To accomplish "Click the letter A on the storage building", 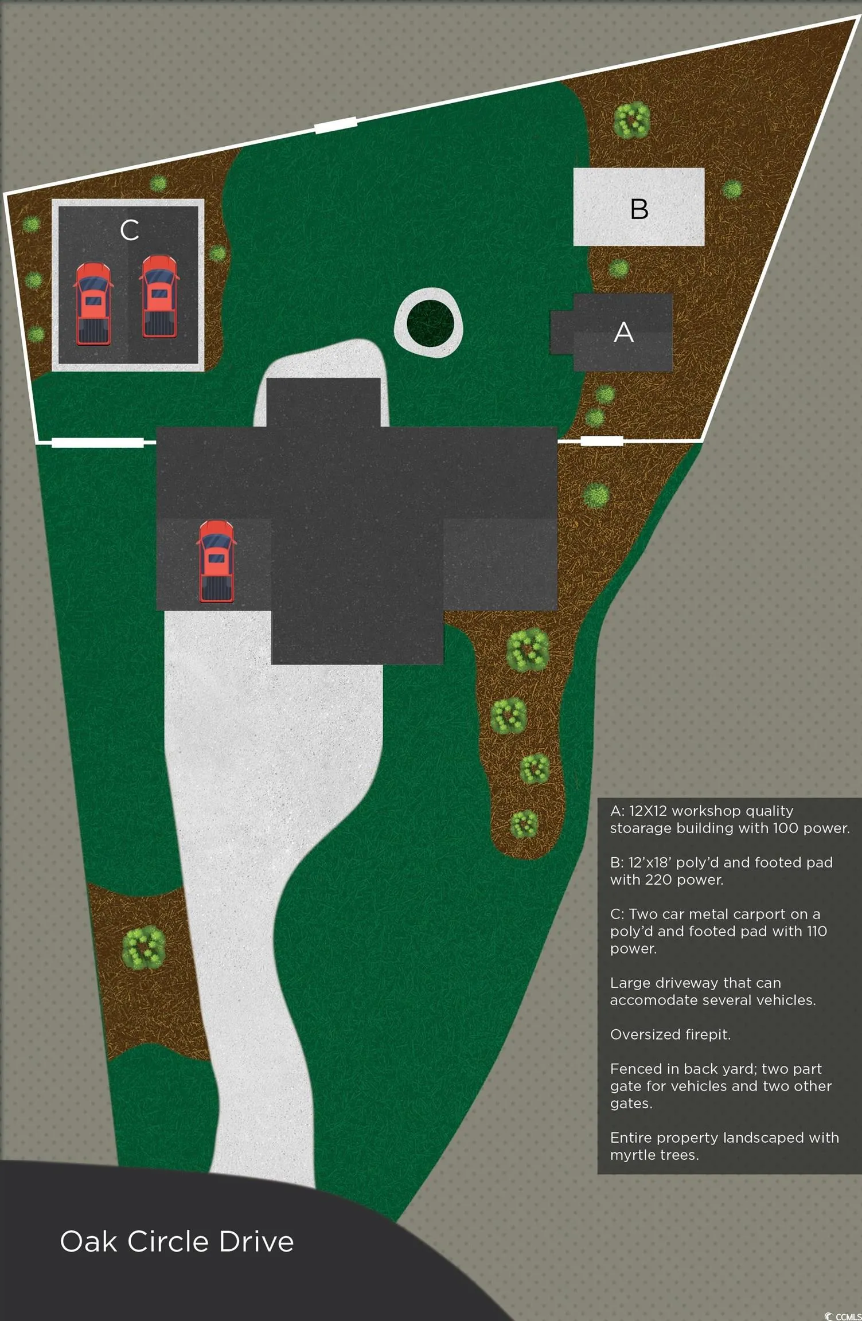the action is pyautogui.click(x=623, y=332).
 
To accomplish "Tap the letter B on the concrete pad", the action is pyautogui.click(x=639, y=209).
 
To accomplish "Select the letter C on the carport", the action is pyautogui.click(x=130, y=230).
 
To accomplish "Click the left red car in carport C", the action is pyautogui.click(x=93, y=303).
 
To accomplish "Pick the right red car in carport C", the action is pyautogui.click(x=159, y=296).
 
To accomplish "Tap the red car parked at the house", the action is pyautogui.click(x=216, y=561).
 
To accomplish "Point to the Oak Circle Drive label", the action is pyautogui.click(x=177, y=1241).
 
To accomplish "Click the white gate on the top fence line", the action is pyautogui.click(x=336, y=125).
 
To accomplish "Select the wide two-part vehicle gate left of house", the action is pyautogui.click(x=97, y=442).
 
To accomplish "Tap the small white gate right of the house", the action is pyautogui.click(x=602, y=441).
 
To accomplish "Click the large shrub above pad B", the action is pyautogui.click(x=632, y=120).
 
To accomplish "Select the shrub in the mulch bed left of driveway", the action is pyautogui.click(x=143, y=947).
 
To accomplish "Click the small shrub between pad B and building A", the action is pyautogui.click(x=619, y=268).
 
